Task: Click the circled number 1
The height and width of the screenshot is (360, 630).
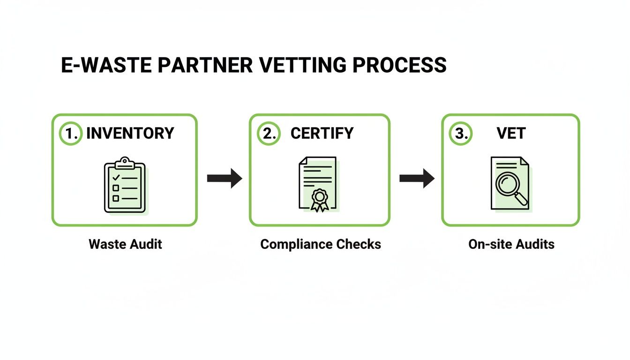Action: (70, 133)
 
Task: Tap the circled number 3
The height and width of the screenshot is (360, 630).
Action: (461, 133)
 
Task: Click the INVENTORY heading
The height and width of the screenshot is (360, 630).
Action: (130, 133)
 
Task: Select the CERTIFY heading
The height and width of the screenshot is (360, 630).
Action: (322, 133)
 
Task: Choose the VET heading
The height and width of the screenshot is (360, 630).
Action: (511, 133)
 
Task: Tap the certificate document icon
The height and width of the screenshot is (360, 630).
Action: (318, 184)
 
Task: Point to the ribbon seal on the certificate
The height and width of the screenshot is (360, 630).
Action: (320, 199)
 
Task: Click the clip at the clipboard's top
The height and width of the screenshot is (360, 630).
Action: (125, 162)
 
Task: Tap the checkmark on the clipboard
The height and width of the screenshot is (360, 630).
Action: (116, 178)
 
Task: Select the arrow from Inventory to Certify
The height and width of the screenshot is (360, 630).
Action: (224, 178)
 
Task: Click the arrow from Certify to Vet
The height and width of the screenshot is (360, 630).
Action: (417, 178)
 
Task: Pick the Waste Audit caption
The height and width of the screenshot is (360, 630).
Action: (125, 244)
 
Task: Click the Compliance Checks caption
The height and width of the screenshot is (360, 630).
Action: (321, 244)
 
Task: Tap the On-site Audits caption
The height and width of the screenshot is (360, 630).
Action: (511, 244)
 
